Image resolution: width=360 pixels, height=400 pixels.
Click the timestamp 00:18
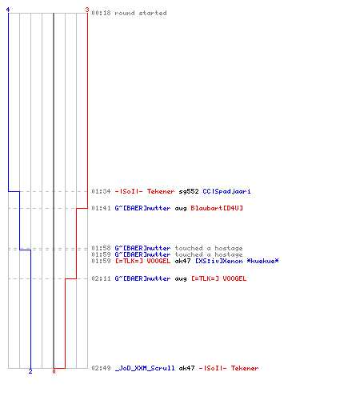tap(101, 13)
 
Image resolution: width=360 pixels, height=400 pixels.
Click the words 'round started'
tap(141, 13)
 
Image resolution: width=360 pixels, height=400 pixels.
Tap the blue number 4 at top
tap(8, 10)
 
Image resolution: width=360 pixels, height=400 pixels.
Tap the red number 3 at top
tap(87, 10)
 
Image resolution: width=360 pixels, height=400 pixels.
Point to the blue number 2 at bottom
tap(30, 371)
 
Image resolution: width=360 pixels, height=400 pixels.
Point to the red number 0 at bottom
tap(54, 371)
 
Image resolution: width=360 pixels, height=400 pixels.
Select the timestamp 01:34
tap(101, 191)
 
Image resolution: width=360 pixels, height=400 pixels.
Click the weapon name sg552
tap(189, 191)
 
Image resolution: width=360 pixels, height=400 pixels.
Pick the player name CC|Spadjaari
tap(226, 191)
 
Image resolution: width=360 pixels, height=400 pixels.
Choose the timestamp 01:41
tap(101, 208)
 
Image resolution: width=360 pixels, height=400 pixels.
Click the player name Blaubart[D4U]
tap(217, 208)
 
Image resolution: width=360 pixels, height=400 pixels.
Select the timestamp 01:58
tap(101, 248)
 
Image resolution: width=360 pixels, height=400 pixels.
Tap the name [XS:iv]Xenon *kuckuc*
tap(237, 261)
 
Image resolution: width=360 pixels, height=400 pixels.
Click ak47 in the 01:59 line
tap(182, 261)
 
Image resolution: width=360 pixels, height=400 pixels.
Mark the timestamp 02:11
tap(101, 278)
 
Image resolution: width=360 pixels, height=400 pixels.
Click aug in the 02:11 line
tap(181, 279)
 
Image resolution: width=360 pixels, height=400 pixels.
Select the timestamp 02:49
tap(101, 368)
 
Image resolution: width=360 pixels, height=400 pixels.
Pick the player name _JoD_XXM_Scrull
tap(145, 368)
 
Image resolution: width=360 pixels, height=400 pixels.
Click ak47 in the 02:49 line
tap(186, 368)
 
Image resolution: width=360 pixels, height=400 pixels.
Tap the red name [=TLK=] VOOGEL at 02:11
tap(219, 278)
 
